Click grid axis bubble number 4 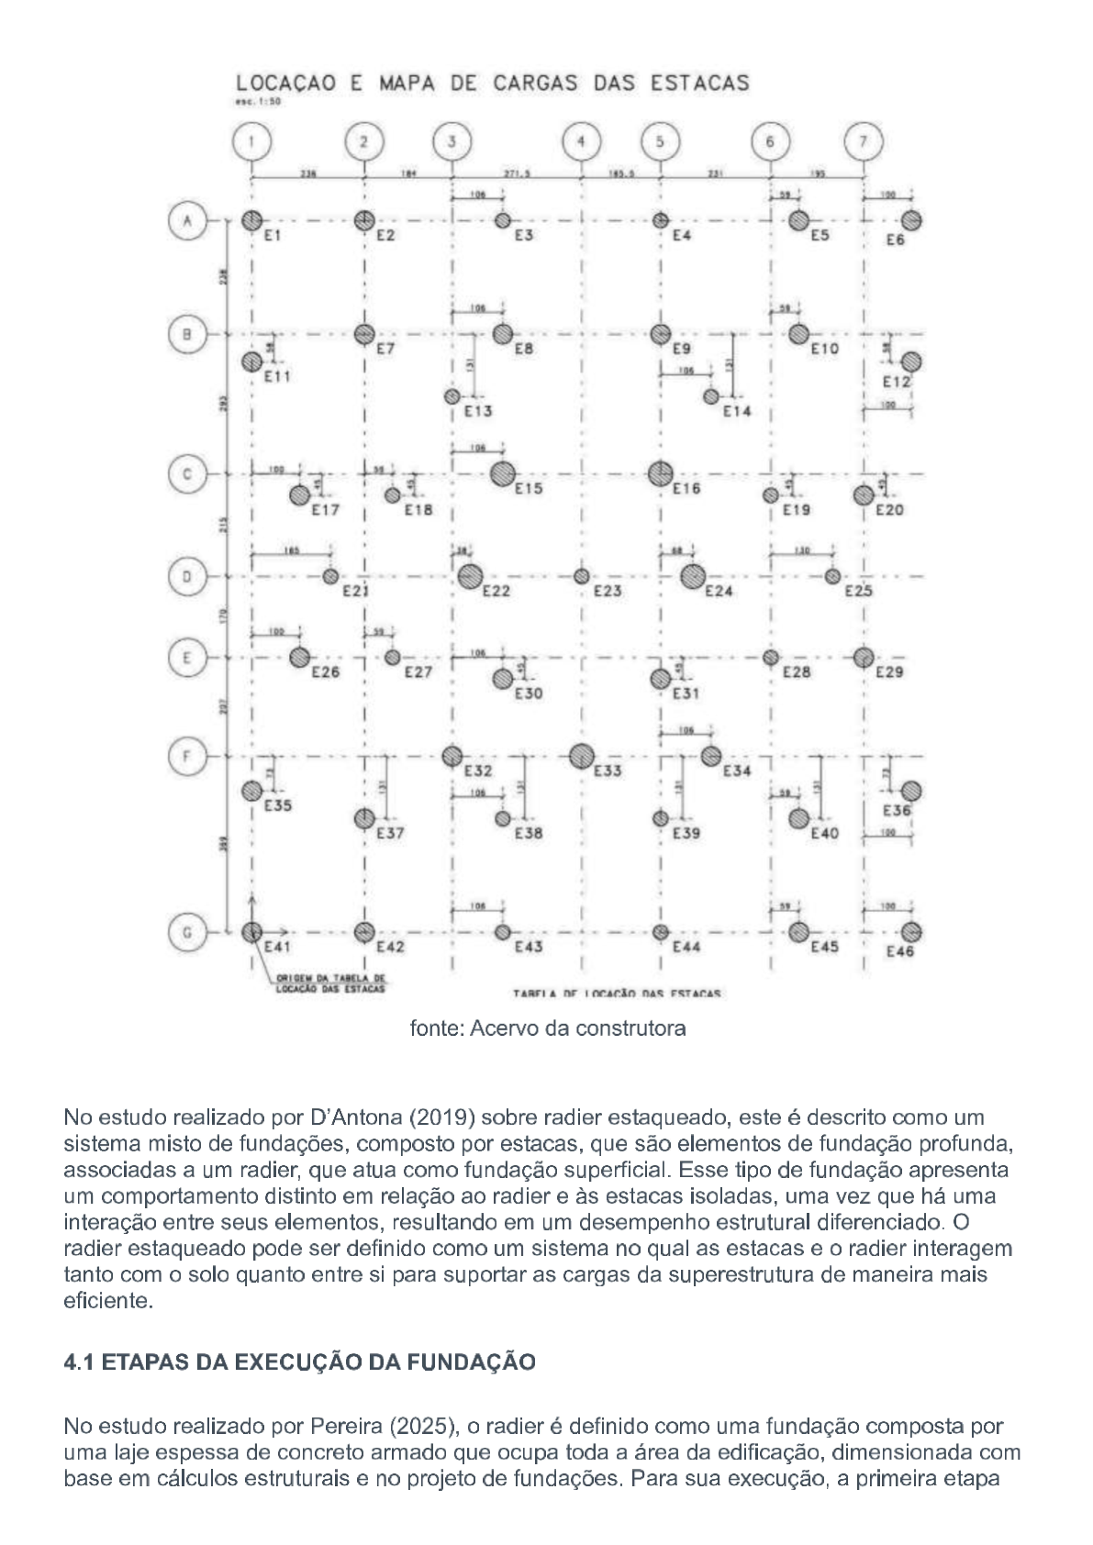coord(581,142)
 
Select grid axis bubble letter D coord(186,577)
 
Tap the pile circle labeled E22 coord(471,577)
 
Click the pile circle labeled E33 coord(581,757)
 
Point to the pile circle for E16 coord(659,474)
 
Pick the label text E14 coord(737,412)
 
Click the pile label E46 coord(900,952)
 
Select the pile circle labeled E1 coord(251,221)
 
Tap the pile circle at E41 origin coord(251,932)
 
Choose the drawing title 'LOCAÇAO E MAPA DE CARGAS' coord(493,83)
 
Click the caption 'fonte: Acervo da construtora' coord(547,1028)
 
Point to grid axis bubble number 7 coord(863,142)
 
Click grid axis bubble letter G coord(186,932)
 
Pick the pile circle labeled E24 coord(693,577)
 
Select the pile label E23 coord(608,592)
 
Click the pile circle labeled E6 coord(911,221)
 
